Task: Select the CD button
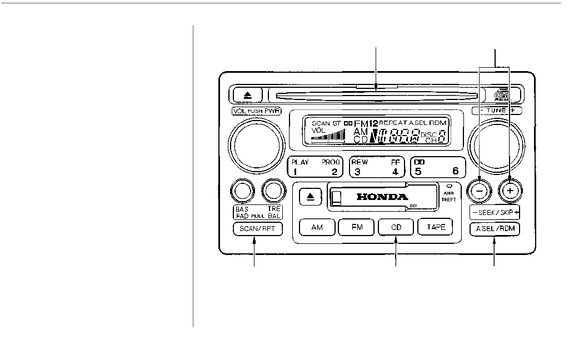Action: pyautogui.click(x=396, y=227)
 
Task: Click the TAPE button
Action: pyautogui.click(x=435, y=227)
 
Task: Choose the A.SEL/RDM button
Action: pyautogui.click(x=495, y=229)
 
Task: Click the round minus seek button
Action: pyautogui.click(x=481, y=191)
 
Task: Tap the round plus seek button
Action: pyautogui.click(x=511, y=191)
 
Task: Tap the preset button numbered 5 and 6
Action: pyautogui.click(x=436, y=167)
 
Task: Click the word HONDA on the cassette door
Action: pyautogui.click(x=382, y=197)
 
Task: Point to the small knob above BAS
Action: pyautogui.click(x=242, y=191)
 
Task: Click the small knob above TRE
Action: pyautogui.click(x=273, y=191)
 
